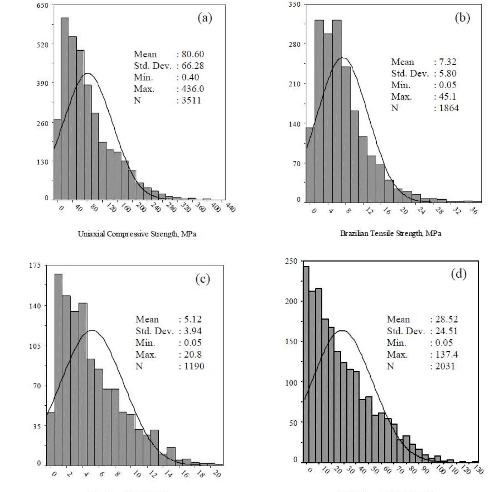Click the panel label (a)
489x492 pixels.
pyautogui.click(x=205, y=18)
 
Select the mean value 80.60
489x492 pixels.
pyautogui.click(x=192, y=54)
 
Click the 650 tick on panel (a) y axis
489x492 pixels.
pyautogui.click(x=43, y=6)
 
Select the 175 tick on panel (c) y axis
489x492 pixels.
pyautogui.click(x=35, y=265)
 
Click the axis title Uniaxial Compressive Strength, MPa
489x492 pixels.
pyautogui.click(x=137, y=234)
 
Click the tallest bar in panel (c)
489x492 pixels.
pyautogui.click(x=58, y=369)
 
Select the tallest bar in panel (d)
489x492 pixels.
pyautogui.click(x=306, y=364)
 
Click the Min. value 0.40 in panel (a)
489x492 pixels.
pyautogui.click(x=190, y=77)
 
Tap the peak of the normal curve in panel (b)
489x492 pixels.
pyautogui.click(x=343, y=57)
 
